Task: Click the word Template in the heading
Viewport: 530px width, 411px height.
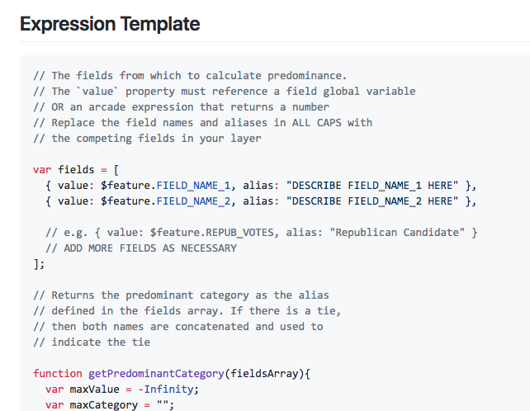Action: pos(160,24)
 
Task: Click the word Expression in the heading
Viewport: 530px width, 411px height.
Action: pos(68,24)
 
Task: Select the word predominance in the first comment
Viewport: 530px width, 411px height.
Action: pos(307,76)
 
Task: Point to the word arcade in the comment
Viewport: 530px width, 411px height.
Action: pos(106,107)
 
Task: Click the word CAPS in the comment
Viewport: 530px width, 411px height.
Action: pos(329,123)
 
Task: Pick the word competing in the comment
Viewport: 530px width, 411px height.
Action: pos(104,139)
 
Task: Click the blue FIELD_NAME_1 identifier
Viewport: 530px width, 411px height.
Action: pos(193,186)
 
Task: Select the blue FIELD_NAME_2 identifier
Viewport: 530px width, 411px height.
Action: pos(193,201)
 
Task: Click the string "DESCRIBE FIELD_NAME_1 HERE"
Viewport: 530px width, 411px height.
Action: pos(372,186)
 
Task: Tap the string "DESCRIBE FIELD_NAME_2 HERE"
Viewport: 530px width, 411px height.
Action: pos(372,201)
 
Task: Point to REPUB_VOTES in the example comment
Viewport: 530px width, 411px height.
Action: pos(239,233)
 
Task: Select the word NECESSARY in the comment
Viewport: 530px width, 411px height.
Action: pos(209,248)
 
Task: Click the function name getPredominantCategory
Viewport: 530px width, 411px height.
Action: pos(156,374)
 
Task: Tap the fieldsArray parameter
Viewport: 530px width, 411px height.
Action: pos(264,374)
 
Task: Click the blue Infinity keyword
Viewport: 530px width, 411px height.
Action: pos(168,390)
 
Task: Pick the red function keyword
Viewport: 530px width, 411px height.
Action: pos(58,374)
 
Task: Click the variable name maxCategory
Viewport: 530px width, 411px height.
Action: pos(104,405)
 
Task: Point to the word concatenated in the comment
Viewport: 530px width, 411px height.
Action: pos(212,327)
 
